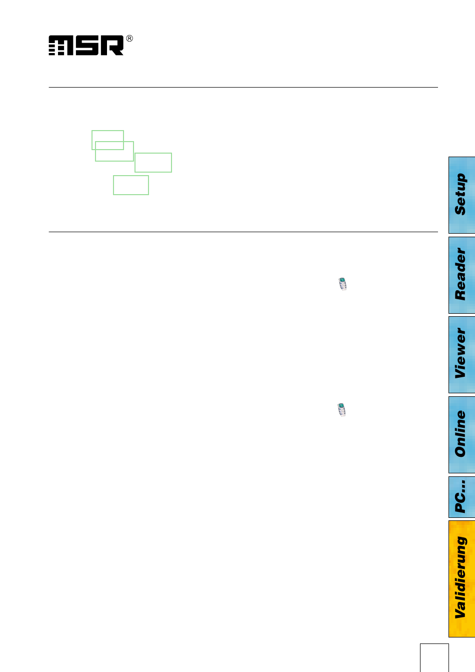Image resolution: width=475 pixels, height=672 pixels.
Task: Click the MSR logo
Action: tap(86, 46)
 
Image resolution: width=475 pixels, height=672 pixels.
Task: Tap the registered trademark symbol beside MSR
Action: tap(129, 39)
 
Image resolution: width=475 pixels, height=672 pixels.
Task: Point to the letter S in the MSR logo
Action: tap(86, 46)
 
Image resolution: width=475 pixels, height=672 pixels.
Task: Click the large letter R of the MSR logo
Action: tap(111, 46)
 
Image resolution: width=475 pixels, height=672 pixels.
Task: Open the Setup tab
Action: tap(461, 195)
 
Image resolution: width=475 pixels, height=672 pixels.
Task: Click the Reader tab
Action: tap(461, 275)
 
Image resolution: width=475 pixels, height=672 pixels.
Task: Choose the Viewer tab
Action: tap(461, 354)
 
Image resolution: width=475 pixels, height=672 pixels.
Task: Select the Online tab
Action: tap(461, 434)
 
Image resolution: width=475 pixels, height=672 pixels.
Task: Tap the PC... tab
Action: tap(461, 497)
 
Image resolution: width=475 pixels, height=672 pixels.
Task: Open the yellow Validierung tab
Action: tap(461, 578)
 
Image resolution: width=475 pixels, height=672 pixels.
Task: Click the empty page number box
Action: tap(434, 657)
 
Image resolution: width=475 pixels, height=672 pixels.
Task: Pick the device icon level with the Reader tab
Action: tap(342, 284)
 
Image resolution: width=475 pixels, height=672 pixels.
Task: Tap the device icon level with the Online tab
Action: tap(341, 410)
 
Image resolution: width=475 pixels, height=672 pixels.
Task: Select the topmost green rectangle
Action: tap(107, 135)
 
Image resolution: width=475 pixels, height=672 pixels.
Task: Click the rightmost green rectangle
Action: tap(153, 163)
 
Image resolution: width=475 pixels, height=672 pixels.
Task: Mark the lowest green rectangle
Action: tap(131, 185)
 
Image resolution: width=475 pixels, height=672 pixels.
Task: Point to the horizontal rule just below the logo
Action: tap(243, 88)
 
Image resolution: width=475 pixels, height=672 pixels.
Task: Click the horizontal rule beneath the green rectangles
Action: tap(243, 232)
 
